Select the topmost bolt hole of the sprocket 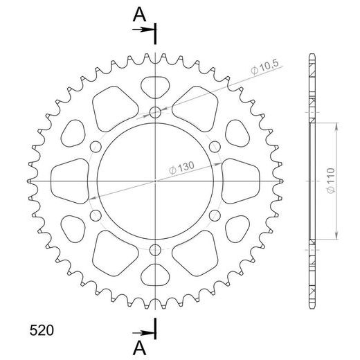[x=155, y=111]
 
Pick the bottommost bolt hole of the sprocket [x=155, y=250]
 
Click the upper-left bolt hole [x=95, y=146]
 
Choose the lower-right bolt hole [x=215, y=215]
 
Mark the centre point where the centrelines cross [x=155, y=181]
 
